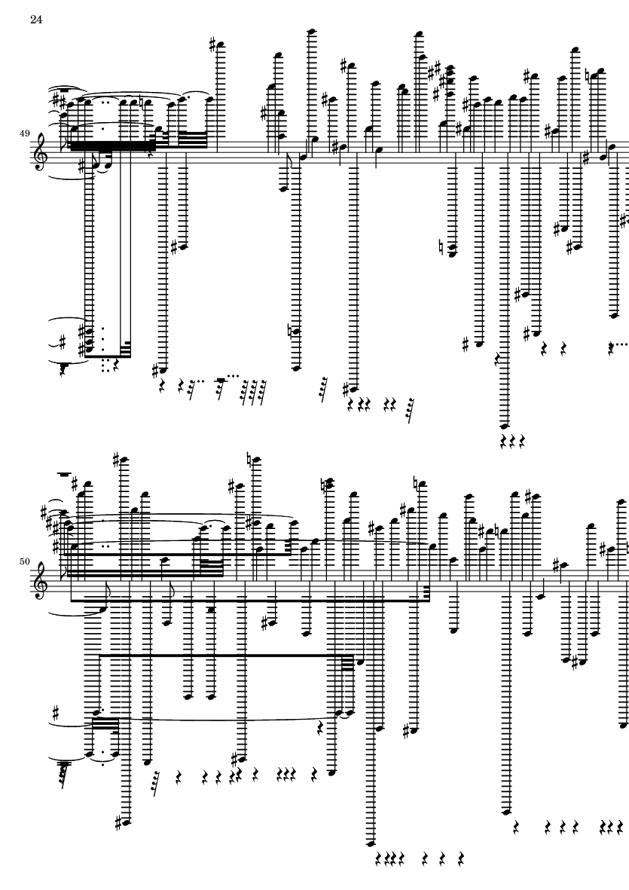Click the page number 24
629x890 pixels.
click(x=35, y=20)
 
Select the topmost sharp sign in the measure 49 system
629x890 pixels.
click(x=216, y=45)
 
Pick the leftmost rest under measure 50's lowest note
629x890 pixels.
click(x=377, y=858)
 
